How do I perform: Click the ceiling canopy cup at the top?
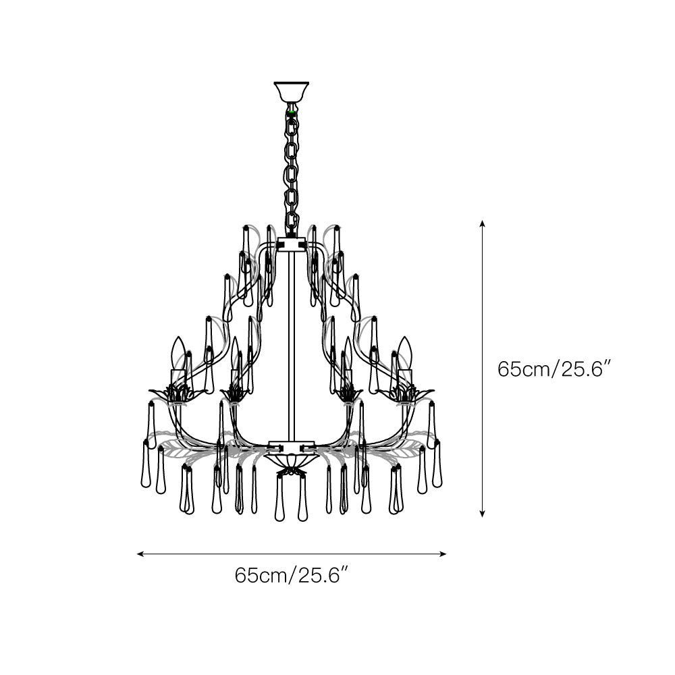point(291,91)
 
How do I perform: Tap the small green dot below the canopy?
point(291,107)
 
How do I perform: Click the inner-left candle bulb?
point(235,354)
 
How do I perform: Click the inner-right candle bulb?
point(348,354)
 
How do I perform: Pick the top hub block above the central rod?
point(291,244)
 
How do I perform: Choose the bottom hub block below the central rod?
point(291,446)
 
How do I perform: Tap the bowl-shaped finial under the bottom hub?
point(291,460)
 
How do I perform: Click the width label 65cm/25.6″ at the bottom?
point(291,575)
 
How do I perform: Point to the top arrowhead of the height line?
point(482,223)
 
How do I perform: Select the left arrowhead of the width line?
point(139,554)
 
